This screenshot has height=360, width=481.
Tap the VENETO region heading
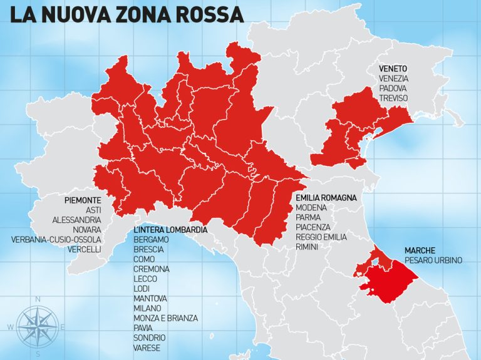coord(393,68)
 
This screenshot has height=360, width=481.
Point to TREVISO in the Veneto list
coord(393,98)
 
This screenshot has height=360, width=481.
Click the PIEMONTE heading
coord(91,200)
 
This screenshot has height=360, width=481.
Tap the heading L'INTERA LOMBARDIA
coord(170,230)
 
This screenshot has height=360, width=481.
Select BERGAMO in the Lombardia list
coord(151,240)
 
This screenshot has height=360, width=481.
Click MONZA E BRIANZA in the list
coord(165,318)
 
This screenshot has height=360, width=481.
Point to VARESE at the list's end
coord(147,347)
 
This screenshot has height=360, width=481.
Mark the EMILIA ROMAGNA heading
coord(326,197)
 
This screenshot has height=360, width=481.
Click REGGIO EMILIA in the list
coord(321,237)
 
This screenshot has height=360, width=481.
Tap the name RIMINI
coord(307,247)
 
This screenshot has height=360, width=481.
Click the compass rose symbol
coord(37,326)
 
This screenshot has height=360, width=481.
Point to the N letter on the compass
coord(38,299)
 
